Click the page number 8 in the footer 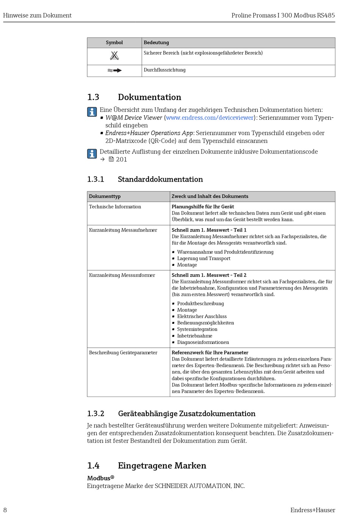click(5, 510)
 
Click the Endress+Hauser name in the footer click(313, 510)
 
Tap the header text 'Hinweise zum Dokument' click(37, 16)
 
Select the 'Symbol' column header click(114, 42)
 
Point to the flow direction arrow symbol click(114, 70)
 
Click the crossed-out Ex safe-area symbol click(114, 56)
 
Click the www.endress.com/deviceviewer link click(210, 118)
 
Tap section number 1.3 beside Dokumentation click(93, 97)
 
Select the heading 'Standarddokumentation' click(160, 179)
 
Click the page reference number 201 click(122, 159)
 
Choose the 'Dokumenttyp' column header click(105, 196)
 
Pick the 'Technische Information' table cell click(115, 207)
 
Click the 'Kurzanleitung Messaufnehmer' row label click(123, 230)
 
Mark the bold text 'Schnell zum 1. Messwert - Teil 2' click(209, 275)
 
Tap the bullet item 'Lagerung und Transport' click(203, 259)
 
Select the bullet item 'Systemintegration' click(197, 329)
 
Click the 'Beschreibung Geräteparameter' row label click(123, 353)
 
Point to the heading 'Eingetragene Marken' click(162, 466)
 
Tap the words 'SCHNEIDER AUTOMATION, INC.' click(200, 486)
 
